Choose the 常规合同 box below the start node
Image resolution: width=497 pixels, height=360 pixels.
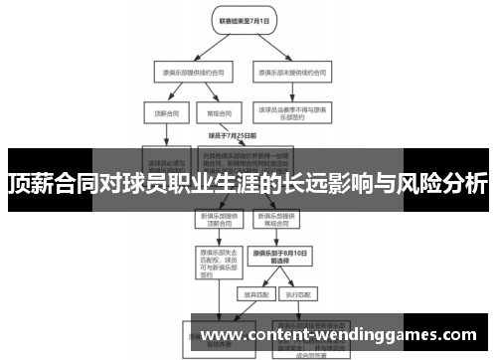tap(212, 113)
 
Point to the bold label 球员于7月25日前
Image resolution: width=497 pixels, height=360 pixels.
tap(233, 135)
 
